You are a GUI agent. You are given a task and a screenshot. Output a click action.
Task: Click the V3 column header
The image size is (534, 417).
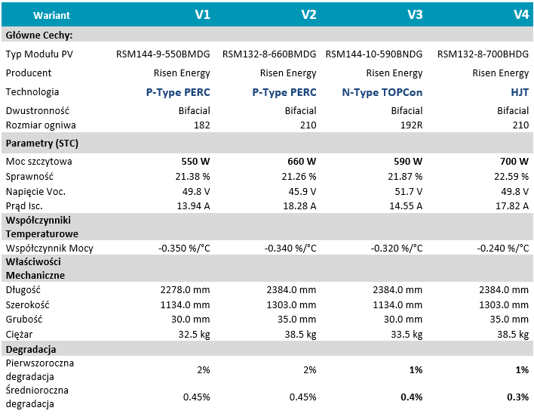(x=415, y=14)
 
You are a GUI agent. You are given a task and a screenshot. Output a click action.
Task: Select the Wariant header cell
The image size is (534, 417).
(x=51, y=15)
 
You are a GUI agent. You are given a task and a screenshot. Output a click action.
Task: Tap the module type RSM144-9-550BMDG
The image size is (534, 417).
(x=163, y=54)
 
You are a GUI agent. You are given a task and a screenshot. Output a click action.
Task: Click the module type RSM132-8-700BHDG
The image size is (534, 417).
(x=483, y=54)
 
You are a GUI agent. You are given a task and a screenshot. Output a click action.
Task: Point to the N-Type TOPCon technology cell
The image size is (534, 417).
(x=382, y=92)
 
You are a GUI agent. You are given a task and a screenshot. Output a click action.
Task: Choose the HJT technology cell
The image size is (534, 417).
(x=520, y=92)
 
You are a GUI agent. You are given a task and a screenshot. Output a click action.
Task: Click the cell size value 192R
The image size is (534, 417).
(x=411, y=125)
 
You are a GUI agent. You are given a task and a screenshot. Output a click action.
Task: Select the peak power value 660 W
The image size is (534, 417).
(x=302, y=161)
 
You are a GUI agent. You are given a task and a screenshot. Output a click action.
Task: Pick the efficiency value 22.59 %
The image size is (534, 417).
(x=511, y=177)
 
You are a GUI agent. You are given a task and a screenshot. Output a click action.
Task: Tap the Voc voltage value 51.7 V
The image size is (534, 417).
(x=408, y=192)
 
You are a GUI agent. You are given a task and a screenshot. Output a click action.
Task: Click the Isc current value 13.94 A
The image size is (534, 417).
(x=193, y=206)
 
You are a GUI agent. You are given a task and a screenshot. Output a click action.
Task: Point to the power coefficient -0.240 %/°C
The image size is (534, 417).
(x=502, y=249)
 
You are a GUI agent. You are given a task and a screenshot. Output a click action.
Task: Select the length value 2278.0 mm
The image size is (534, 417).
(x=185, y=290)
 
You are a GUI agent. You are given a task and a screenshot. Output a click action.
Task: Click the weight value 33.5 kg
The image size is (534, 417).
(x=407, y=335)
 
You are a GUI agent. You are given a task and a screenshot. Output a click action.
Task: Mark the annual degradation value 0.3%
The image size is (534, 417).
(x=517, y=397)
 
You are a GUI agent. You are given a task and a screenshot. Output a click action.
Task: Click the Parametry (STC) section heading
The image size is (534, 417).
(x=42, y=144)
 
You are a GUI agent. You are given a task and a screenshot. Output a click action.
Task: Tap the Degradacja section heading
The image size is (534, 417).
(x=31, y=350)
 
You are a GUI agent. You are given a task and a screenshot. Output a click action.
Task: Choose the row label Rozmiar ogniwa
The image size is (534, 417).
(x=41, y=125)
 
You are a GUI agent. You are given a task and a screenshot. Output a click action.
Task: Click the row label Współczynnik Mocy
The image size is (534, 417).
(x=49, y=249)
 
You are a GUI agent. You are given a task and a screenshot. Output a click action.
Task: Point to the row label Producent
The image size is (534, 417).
(x=28, y=73)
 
